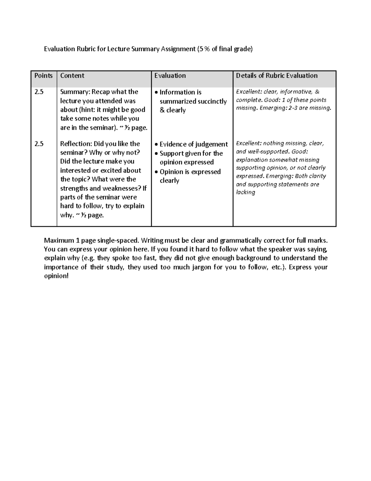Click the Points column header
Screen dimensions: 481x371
point(43,76)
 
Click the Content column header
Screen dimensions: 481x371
point(72,76)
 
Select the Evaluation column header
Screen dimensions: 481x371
point(170,76)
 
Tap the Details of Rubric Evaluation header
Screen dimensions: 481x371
point(277,76)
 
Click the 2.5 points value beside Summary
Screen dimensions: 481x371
point(39,92)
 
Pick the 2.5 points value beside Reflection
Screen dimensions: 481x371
point(39,144)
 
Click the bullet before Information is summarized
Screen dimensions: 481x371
point(156,93)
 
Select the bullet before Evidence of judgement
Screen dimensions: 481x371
point(156,145)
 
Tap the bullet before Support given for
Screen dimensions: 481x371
point(156,154)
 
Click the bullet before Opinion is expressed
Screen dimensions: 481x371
point(156,172)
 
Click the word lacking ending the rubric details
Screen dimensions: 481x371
point(245,192)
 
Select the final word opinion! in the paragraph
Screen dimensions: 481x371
point(56,276)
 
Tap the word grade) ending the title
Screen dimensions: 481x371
point(243,49)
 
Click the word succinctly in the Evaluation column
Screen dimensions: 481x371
point(212,101)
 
